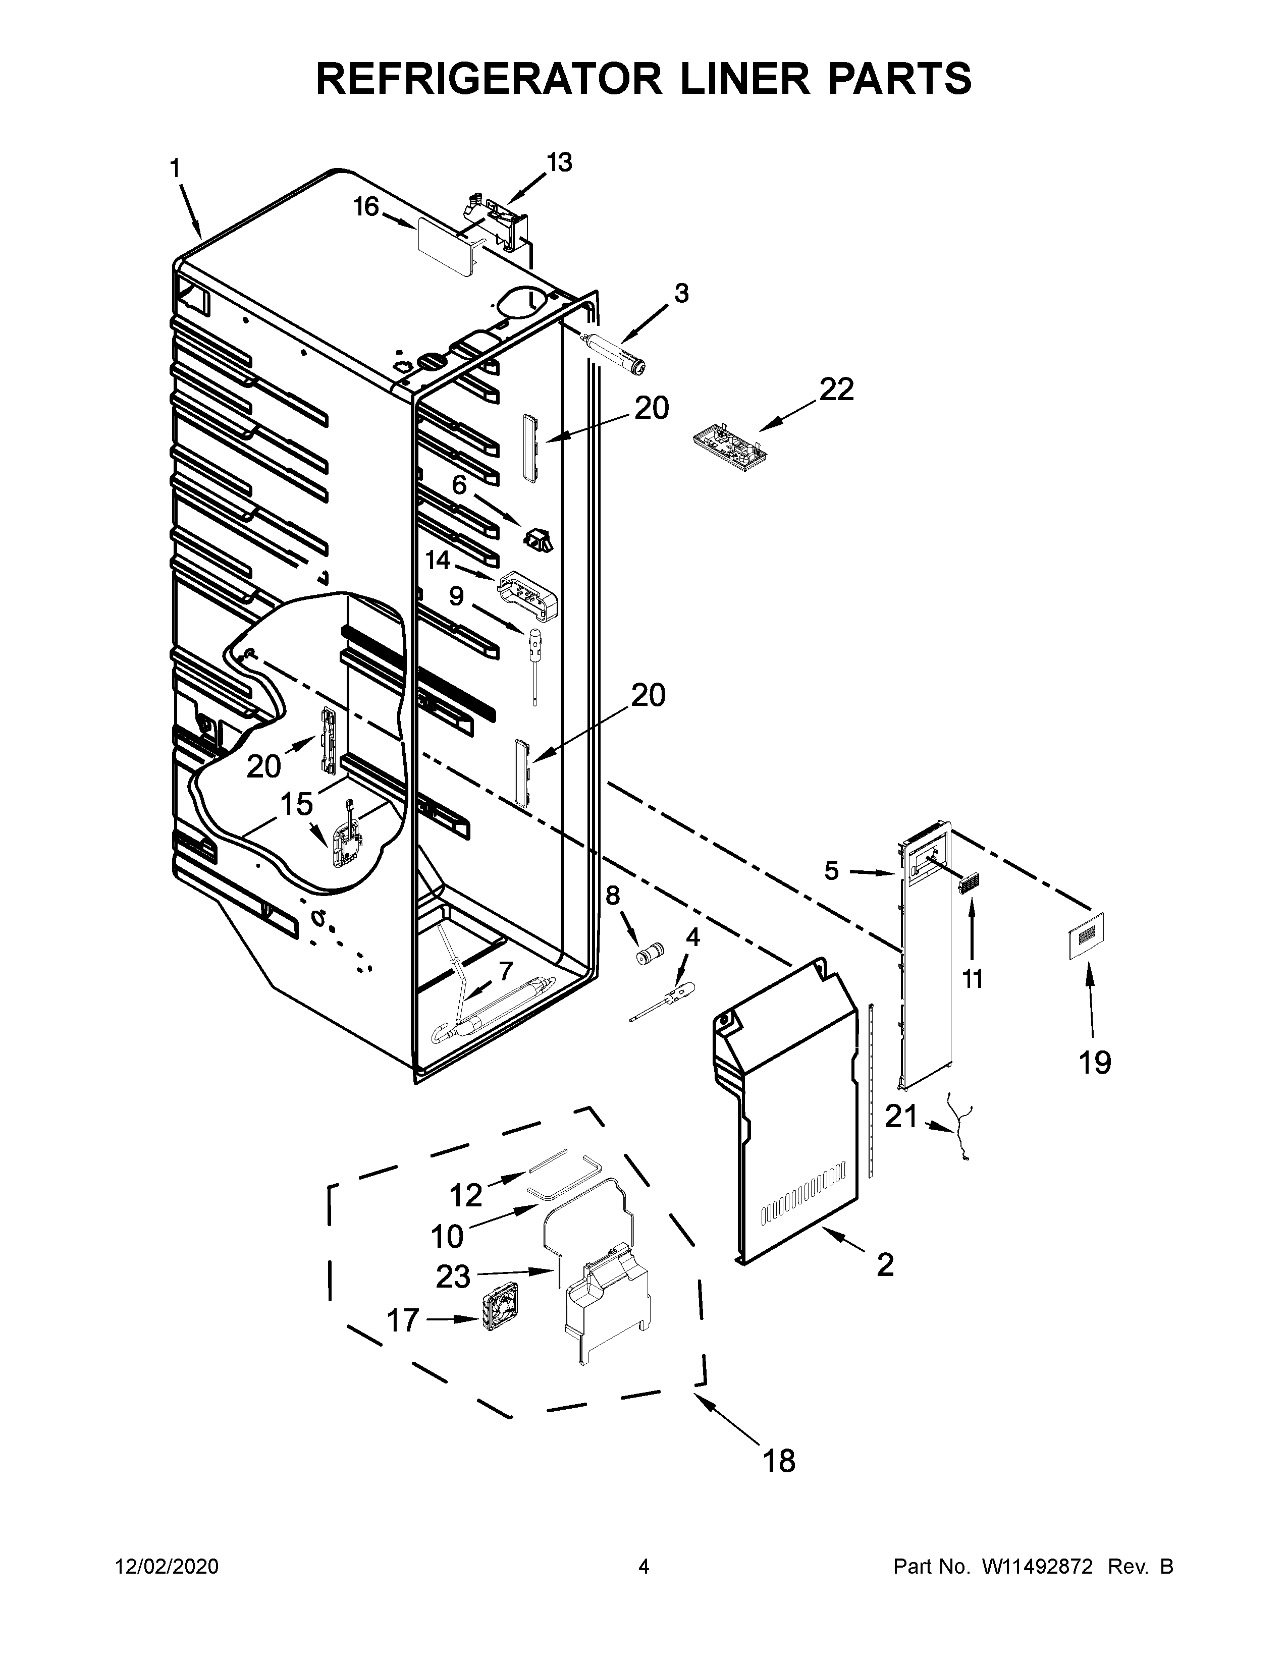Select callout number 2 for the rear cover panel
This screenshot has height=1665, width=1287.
click(x=884, y=1265)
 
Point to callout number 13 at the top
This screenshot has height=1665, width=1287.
click(x=559, y=162)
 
